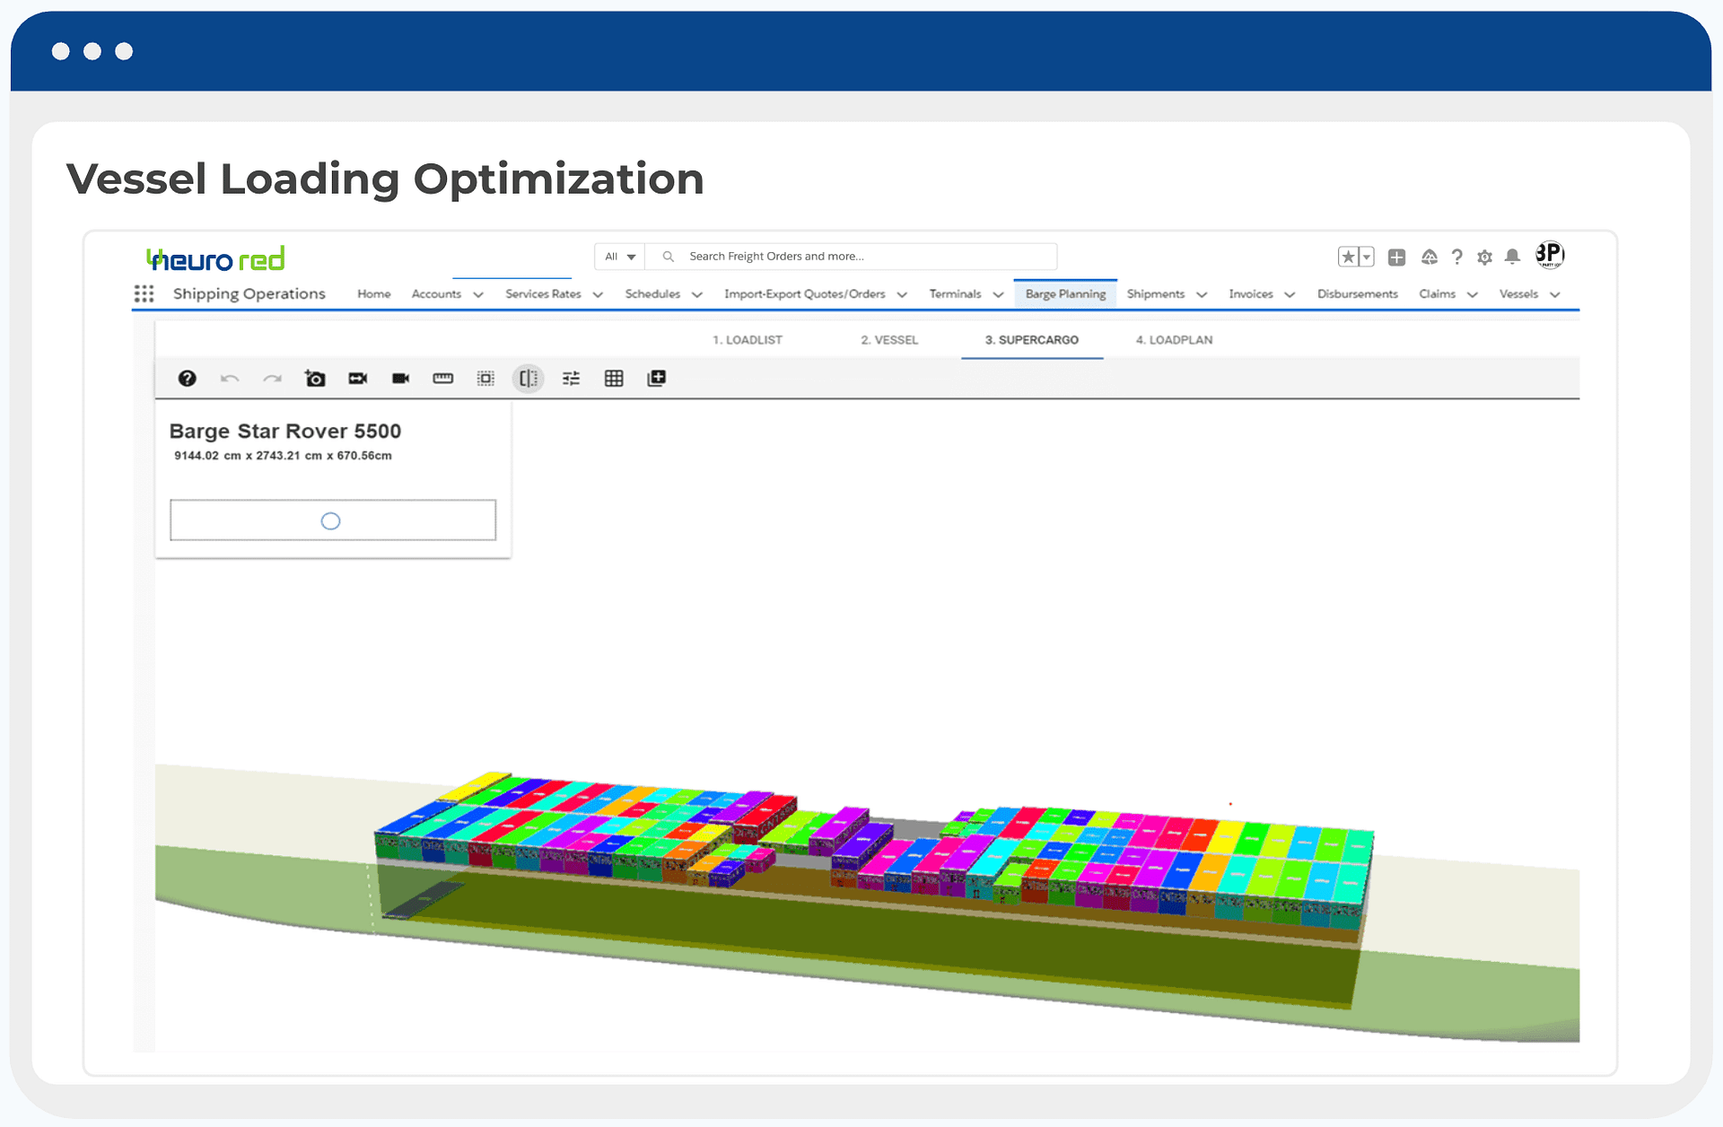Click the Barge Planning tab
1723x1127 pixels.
(x=1065, y=294)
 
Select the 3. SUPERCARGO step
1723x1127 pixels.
(x=1031, y=340)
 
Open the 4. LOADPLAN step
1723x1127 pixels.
(x=1174, y=340)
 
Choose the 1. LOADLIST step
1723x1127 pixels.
(x=747, y=340)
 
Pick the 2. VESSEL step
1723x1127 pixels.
(x=889, y=340)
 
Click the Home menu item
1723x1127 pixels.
(x=373, y=294)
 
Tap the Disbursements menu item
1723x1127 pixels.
(x=1357, y=294)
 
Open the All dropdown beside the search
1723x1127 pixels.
(x=620, y=257)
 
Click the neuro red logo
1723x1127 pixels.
(x=215, y=259)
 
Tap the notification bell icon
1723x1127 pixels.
(x=1512, y=257)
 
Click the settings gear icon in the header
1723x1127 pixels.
(x=1484, y=258)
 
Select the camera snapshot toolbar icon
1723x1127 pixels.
(x=315, y=379)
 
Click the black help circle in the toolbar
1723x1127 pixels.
(x=187, y=379)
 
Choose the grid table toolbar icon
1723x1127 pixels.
(x=614, y=379)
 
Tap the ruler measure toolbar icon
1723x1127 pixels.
(x=443, y=379)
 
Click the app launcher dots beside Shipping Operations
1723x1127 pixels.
(x=144, y=294)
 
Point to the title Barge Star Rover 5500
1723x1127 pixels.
(x=285, y=432)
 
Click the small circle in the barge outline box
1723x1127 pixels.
(x=330, y=521)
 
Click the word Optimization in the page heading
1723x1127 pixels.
(x=558, y=179)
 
